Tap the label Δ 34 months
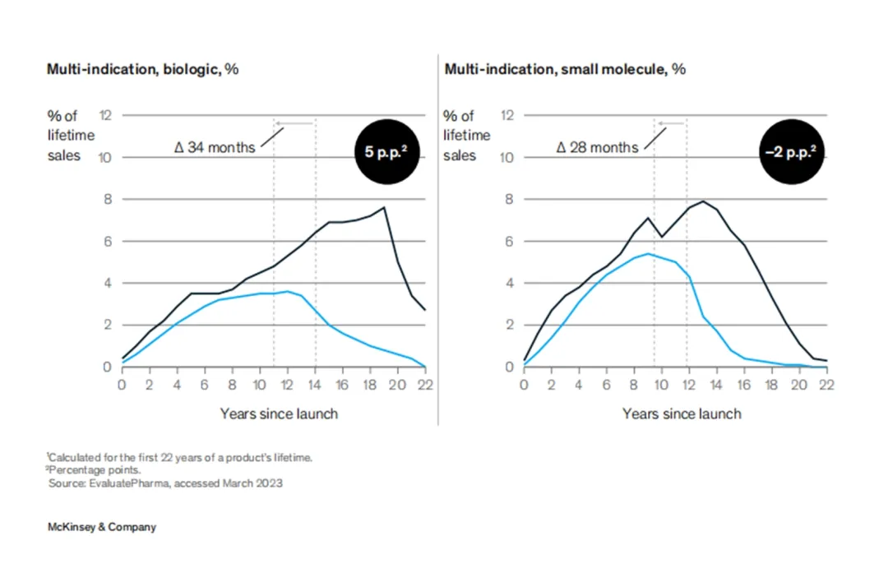(215, 147)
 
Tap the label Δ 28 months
(597, 147)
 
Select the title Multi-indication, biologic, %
(142, 69)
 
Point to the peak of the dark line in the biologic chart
(384, 207)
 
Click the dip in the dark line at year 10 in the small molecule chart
(661, 237)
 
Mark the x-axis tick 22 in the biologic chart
(425, 384)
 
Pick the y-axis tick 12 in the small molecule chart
(507, 116)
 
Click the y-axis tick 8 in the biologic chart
(105, 199)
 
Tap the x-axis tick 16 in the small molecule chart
(744, 384)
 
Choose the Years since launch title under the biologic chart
(279, 413)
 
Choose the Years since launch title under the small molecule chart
(682, 413)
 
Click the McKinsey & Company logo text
(101, 527)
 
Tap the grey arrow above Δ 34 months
(294, 123)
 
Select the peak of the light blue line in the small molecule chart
(648, 253)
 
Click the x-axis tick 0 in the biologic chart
(123, 384)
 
